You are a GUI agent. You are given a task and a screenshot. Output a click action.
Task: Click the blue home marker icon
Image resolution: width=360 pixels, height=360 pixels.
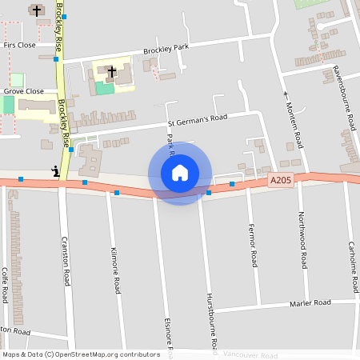pos(180,173)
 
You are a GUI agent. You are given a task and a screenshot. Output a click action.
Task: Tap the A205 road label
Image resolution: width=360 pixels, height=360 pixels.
pos(281,181)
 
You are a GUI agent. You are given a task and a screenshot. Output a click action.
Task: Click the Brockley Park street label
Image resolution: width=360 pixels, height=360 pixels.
pos(166,49)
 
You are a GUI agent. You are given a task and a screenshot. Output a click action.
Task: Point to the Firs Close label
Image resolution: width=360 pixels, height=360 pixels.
pos(20,45)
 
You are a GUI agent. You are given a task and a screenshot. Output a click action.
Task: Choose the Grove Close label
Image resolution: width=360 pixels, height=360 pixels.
pos(23,91)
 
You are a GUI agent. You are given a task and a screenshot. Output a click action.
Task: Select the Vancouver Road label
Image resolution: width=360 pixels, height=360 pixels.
pos(250,355)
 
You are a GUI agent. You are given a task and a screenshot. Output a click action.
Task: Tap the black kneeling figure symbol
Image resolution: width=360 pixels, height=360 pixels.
pos(55,170)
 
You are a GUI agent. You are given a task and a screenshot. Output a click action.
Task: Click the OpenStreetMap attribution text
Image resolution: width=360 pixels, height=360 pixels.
pos(81,354)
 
